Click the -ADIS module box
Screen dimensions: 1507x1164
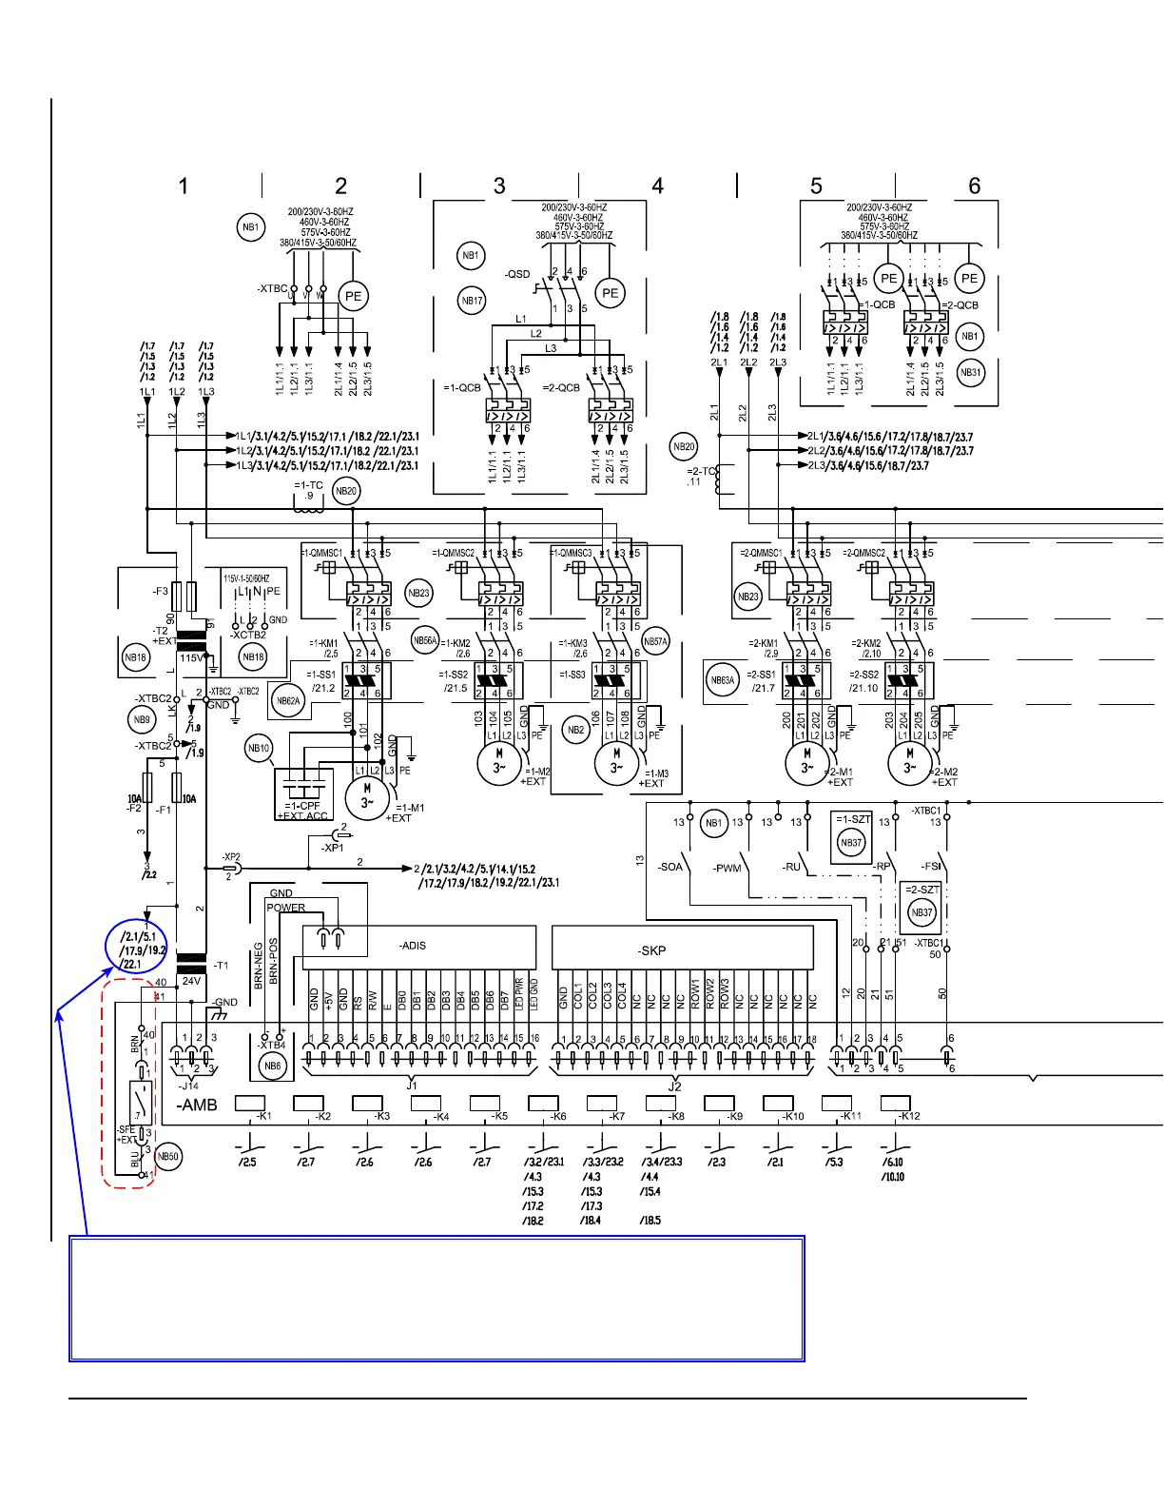click(x=418, y=947)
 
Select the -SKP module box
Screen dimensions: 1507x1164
click(x=682, y=949)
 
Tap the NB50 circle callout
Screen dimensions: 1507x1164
click(x=167, y=1157)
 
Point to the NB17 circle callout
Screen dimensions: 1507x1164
click(x=472, y=301)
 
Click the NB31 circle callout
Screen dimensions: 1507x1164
click(x=970, y=372)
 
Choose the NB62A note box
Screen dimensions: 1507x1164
click(x=287, y=701)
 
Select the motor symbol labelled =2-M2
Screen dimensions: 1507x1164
click(x=909, y=762)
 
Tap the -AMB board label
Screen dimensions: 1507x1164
click(x=197, y=1105)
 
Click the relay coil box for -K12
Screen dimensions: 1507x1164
click(x=895, y=1104)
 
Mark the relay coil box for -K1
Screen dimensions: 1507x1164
click(x=249, y=1104)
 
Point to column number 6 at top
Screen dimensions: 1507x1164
click(x=974, y=186)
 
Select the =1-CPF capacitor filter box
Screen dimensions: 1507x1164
click(x=303, y=793)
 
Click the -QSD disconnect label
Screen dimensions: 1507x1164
click(x=517, y=274)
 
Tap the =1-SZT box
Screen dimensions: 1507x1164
click(x=852, y=834)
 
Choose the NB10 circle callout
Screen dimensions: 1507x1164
click(x=259, y=748)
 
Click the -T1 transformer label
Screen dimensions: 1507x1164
click(x=221, y=965)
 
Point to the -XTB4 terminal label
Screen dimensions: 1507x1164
click(x=272, y=1046)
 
